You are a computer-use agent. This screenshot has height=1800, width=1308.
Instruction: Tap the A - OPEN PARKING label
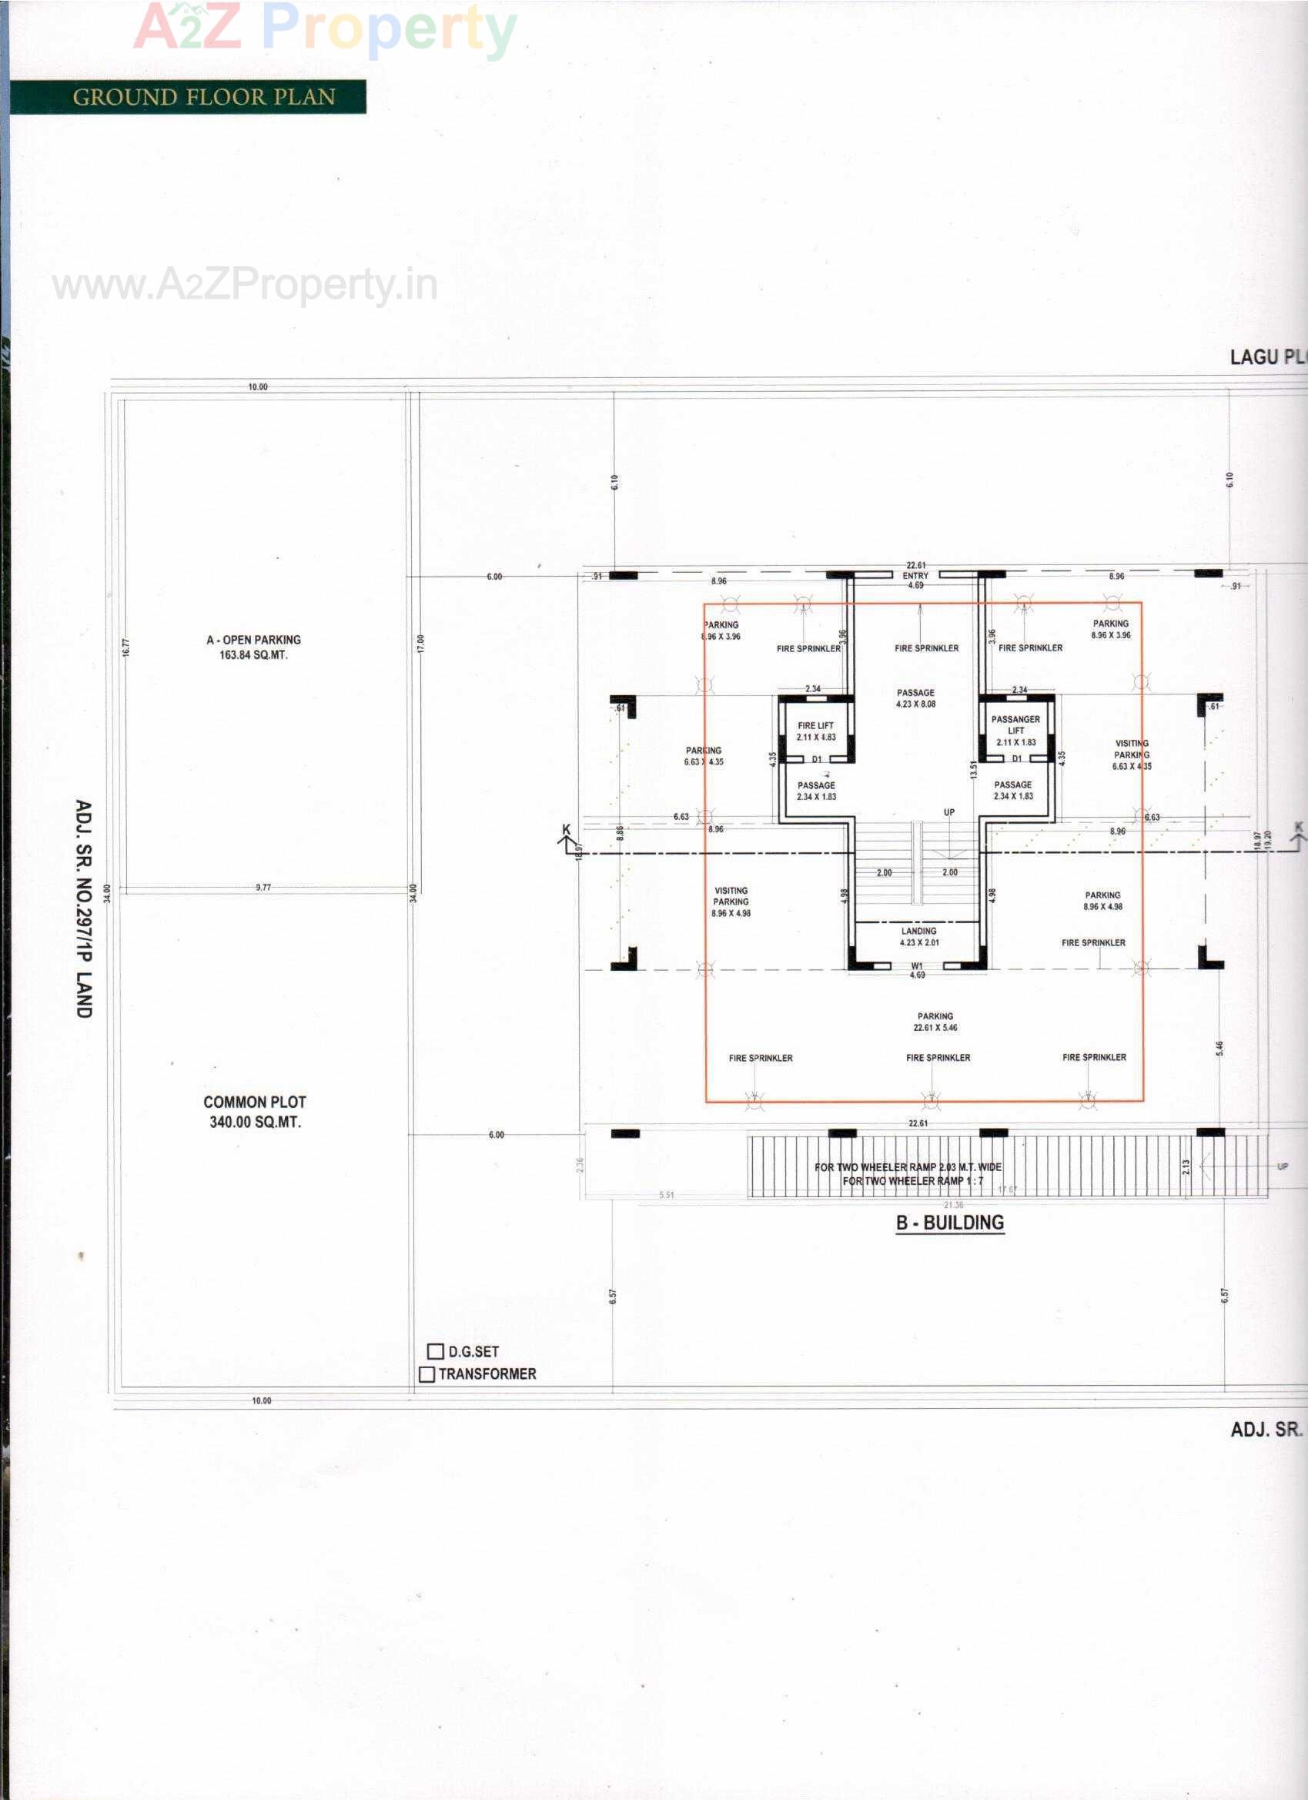coord(253,640)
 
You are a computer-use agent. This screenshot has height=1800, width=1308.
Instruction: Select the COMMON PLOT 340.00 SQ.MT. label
coord(255,1111)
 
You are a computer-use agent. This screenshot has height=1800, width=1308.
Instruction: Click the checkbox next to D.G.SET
coord(435,1351)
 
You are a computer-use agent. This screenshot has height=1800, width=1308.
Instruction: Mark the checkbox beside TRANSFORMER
coord(427,1373)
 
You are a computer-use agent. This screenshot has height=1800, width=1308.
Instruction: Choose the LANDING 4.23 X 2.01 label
coord(919,936)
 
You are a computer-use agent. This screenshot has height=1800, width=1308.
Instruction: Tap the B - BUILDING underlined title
coord(950,1223)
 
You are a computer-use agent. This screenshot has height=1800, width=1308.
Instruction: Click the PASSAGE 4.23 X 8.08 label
coord(916,698)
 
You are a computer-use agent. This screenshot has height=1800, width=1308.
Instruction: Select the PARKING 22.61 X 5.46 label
coord(935,1022)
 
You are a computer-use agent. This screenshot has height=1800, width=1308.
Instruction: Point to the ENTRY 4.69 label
coord(915,580)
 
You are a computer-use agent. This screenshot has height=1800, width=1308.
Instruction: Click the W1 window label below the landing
coord(917,966)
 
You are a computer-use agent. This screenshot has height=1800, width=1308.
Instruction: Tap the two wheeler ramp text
coord(908,1174)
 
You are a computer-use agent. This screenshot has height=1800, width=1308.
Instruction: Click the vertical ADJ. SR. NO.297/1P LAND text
coord(83,908)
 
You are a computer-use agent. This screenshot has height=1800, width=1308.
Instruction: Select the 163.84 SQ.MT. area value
coord(253,655)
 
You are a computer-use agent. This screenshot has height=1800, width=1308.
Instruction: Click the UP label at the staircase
coord(949,812)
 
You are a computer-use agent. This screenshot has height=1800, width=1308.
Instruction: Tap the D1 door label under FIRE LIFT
coord(816,760)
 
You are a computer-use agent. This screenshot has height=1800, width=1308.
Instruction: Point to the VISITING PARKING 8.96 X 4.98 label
coord(731,902)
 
